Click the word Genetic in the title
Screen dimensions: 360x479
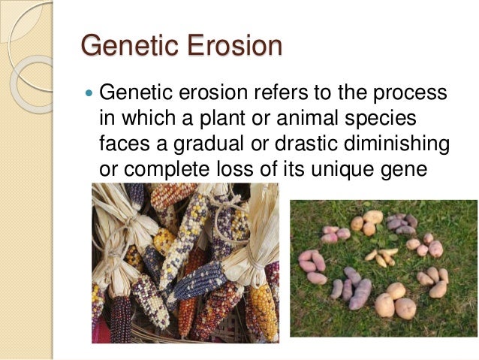tap(124, 46)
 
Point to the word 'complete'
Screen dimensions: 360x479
tap(163, 168)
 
